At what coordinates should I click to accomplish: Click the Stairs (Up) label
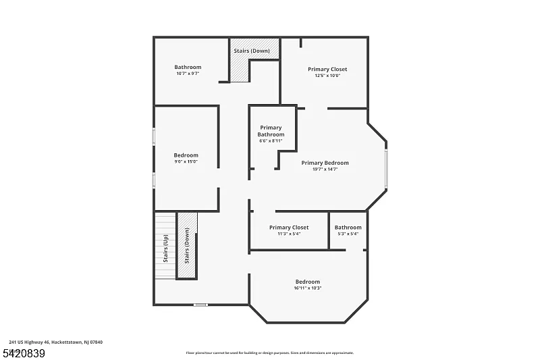click(165, 247)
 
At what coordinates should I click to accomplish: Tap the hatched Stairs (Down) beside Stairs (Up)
click(187, 246)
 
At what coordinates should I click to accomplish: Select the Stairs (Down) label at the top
click(252, 51)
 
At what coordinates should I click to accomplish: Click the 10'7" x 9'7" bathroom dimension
click(188, 74)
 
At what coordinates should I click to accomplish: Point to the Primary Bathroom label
click(271, 131)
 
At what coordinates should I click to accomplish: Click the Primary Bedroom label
click(325, 163)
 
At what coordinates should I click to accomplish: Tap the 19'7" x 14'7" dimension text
click(325, 170)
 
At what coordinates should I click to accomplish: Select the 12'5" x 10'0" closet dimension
click(327, 76)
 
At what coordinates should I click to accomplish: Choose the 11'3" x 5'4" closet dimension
click(289, 234)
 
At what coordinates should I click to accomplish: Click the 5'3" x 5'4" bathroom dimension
click(348, 234)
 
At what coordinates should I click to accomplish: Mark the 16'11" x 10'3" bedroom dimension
click(307, 288)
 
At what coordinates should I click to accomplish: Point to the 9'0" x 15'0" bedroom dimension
click(186, 162)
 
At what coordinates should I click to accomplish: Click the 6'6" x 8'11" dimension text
click(271, 141)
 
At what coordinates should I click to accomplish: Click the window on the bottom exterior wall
click(200, 305)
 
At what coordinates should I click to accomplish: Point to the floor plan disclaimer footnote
click(269, 353)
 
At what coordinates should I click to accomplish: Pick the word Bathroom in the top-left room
click(188, 67)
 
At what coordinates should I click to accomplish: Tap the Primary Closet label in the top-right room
click(327, 69)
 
